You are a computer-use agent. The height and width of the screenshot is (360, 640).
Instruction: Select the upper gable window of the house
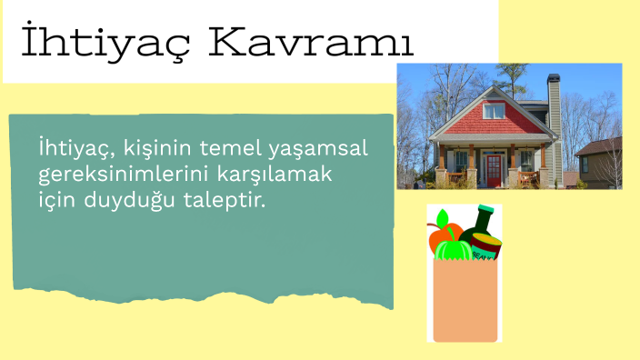tap(494, 110)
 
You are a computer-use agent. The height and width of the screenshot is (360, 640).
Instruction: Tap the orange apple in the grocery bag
tap(443, 238)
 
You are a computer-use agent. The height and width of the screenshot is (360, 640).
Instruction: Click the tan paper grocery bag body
tap(465, 300)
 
